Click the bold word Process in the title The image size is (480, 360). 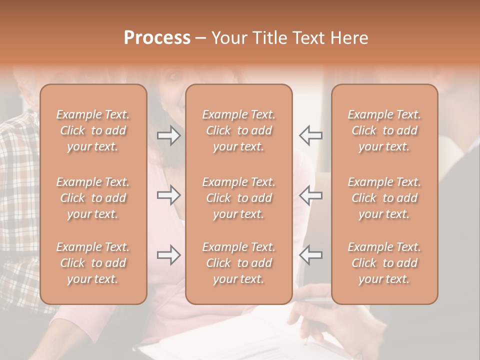[x=157, y=38]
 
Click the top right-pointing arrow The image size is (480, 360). [x=168, y=135]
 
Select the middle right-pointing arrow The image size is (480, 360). [x=168, y=195]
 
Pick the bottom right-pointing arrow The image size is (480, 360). [x=168, y=255]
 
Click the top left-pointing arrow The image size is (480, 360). [x=310, y=135]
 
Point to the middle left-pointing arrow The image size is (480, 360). [x=310, y=195]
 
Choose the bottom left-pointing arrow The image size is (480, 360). [x=310, y=255]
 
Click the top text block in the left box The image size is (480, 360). [x=93, y=130]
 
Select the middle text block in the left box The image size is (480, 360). [x=93, y=198]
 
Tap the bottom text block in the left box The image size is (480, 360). [x=93, y=263]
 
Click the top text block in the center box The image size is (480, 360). [x=239, y=130]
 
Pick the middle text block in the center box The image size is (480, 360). [x=239, y=198]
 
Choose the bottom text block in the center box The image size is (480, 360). [x=239, y=263]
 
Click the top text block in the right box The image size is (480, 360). [x=384, y=130]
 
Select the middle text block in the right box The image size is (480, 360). [x=384, y=198]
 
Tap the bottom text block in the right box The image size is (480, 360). [x=384, y=263]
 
